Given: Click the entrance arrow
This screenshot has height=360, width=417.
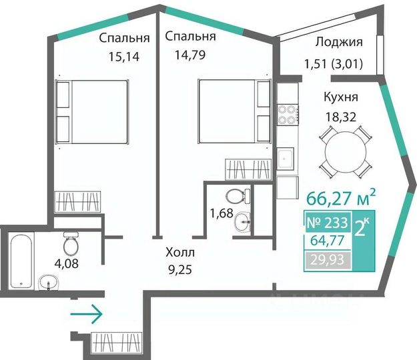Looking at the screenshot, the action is (86, 314).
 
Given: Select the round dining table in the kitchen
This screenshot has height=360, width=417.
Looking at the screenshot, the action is (345, 152).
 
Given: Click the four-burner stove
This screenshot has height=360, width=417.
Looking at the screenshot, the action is (288, 115).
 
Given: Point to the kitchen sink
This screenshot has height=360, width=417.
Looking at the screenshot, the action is (286, 159).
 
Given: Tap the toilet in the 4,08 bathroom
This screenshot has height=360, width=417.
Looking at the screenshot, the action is (71, 243).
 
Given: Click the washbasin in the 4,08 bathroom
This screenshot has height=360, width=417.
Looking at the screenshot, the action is (48, 283).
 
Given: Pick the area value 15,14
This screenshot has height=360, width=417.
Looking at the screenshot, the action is (123, 57).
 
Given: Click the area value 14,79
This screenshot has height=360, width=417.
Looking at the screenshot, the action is (190, 55).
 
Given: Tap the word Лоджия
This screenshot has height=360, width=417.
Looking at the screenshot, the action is (339, 43).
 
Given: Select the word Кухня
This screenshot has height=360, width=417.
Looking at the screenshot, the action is (341, 97).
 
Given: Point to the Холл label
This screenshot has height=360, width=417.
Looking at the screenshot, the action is (180, 253).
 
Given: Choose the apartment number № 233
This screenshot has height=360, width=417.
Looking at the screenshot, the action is (327, 223).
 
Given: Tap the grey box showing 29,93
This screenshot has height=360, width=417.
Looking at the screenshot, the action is (328, 259).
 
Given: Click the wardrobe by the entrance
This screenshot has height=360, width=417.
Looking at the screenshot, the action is (117, 343).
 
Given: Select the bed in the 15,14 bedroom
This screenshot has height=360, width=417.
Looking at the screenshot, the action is (92, 111).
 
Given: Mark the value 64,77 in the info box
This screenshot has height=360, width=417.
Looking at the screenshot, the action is (327, 241).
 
